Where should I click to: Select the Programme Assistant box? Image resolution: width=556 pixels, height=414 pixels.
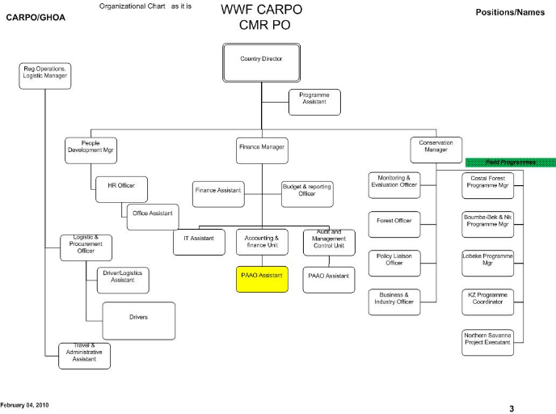tap(314, 99)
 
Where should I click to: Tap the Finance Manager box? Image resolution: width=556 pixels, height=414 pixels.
tap(261, 148)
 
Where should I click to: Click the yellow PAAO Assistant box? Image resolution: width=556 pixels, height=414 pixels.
tap(261, 276)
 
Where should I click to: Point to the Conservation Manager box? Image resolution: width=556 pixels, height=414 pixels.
tap(436, 147)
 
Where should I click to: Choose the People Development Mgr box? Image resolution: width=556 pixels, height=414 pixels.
tap(91, 147)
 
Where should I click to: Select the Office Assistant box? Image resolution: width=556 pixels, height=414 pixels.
tap(153, 213)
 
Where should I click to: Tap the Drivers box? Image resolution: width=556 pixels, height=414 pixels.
tap(138, 316)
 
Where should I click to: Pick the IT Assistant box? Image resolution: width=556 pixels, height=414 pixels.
tap(197, 240)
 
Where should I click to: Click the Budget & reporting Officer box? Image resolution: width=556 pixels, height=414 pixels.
tap(306, 190)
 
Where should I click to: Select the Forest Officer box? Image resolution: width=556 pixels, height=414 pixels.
tap(394, 221)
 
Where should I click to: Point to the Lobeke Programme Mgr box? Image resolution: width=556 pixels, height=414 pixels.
tap(487, 260)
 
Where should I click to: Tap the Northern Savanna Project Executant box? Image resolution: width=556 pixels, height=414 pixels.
tap(487, 339)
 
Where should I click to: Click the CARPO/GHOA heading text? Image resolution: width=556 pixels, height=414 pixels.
tap(35, 16)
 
